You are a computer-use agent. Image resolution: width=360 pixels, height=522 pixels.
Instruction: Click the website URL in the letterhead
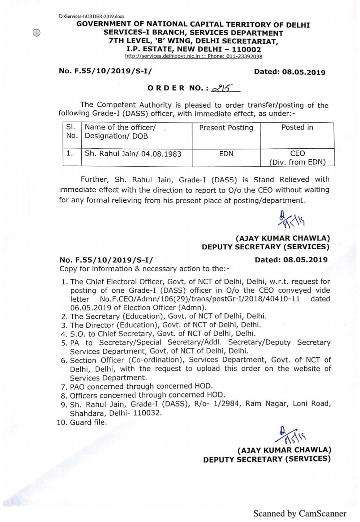point(162,56)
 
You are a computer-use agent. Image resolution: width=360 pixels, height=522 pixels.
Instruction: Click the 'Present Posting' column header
point(226,128)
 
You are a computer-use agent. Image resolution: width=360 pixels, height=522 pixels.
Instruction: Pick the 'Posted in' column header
point(297,127)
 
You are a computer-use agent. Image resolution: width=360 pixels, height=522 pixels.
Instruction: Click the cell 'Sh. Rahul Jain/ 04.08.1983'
point(133,154)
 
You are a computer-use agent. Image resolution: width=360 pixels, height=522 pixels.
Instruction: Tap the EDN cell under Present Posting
point(226,154)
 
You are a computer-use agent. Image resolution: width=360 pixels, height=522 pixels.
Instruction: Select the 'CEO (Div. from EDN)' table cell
point(297,158)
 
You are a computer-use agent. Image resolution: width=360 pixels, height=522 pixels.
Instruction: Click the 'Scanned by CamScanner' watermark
point(300,513)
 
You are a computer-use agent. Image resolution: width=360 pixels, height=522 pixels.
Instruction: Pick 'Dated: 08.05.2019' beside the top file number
point(290,72)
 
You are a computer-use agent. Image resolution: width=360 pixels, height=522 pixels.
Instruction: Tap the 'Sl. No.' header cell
point(72,131)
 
